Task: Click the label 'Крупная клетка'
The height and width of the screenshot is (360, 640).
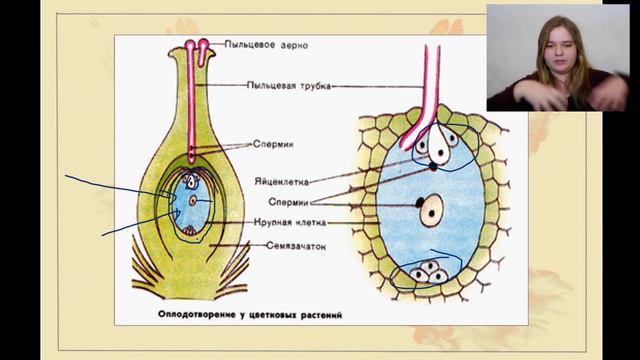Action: [x=288, y=222]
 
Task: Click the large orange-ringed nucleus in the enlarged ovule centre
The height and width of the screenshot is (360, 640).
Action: [x=432, y=210]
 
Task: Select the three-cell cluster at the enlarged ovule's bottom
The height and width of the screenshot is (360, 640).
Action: [x=432, y=272]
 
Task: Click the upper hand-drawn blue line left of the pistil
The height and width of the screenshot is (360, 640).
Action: [x=110, y=187]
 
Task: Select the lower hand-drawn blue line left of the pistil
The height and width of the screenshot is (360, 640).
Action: [x=130, y=226]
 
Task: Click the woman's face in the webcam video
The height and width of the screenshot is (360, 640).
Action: [x=556, y=44]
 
